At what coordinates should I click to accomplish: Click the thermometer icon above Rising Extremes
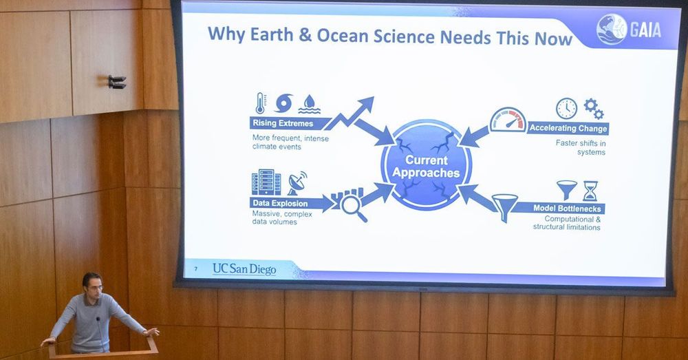[261, 103]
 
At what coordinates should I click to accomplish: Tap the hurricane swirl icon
[284, 104]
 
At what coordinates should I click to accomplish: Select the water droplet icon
[310, 105]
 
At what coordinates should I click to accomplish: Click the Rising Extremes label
[283, 123]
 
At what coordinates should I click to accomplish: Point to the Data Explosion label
[281, 203]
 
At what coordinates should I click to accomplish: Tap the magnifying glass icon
[354, 207]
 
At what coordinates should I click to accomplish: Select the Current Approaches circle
[426, 165]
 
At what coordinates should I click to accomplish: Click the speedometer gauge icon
[508, 120]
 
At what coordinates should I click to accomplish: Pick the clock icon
[566, 109]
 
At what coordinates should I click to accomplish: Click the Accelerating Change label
[568, 128]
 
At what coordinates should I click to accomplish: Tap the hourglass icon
[590, 191]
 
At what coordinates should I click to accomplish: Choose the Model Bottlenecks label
[567, 208]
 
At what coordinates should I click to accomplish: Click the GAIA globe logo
[611, 29]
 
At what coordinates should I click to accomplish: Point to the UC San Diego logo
[244, 268]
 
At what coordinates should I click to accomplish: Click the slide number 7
[195, 268]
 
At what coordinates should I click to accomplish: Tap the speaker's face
[93, 286]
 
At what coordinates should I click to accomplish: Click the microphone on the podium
[100, 332]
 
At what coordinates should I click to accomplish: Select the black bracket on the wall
[117, 82]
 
